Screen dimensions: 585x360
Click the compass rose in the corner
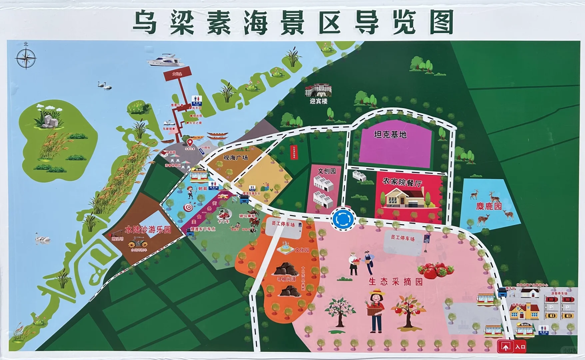click(26, 59)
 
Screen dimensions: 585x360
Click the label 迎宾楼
click(318, 101)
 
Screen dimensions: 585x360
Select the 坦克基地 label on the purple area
click(390, 135)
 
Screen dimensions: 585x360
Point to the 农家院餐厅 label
click(402, 182)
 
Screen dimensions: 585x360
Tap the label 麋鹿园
click(489, 206)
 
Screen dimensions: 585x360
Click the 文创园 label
click(327, 171)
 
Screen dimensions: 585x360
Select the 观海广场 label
click(236, 158)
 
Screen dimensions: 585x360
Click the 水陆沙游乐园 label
click(148, 230)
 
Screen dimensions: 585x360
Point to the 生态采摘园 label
click(395, 282)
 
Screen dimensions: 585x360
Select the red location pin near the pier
click(190, 142)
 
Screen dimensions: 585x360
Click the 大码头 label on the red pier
click(177, 74)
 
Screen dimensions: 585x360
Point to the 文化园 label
click(302, 250)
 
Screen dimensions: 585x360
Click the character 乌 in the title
click(146, 22)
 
